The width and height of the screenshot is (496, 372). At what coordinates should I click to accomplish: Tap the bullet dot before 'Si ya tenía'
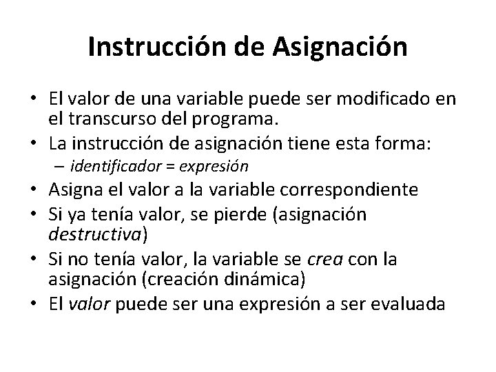click(41, 214)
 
